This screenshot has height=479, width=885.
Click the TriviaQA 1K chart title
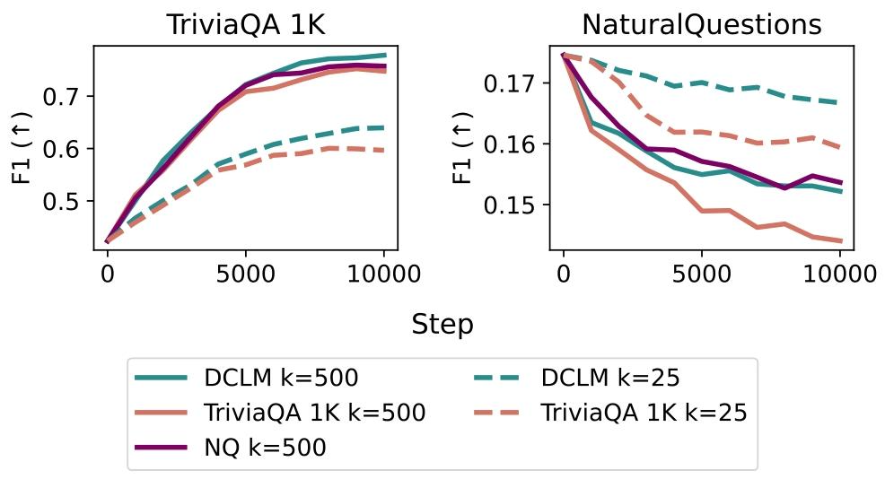246,25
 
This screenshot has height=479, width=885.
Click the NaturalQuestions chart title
701,25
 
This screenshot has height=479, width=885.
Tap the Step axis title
442,325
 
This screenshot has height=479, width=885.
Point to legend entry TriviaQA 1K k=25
644,413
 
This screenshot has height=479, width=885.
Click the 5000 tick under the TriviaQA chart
246,274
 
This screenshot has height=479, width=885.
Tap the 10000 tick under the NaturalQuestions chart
840,274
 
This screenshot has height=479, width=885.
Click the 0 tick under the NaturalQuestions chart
563,274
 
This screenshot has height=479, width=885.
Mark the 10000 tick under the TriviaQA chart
384,274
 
